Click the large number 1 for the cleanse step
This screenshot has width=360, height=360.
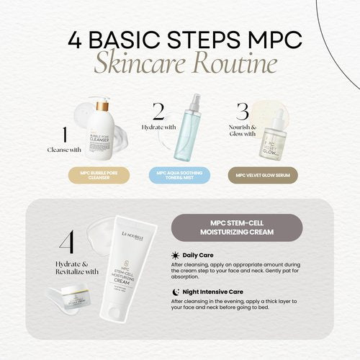(x=66, y=136)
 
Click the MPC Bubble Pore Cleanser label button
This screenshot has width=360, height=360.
(x=99, y=174)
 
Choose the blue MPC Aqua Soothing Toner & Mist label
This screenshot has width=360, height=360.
(x=180, y=174)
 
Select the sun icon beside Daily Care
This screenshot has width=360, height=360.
(x=176, y=256)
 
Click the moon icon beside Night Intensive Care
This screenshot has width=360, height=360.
(x=176, y=291)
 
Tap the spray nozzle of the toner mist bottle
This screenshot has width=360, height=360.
(x=189, y=99)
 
